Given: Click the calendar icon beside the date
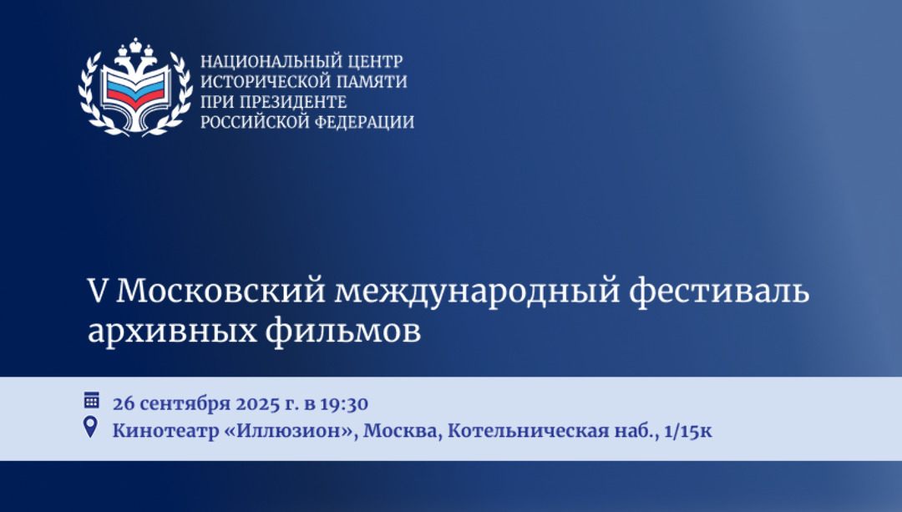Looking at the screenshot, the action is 92,400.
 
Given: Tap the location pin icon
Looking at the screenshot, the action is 90,428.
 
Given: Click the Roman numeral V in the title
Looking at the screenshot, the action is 98,291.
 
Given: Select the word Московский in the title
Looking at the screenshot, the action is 220,291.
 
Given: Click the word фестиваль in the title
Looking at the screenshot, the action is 719,291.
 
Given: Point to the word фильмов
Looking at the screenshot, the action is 343,330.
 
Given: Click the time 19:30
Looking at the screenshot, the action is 344,403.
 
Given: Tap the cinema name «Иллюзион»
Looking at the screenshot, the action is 291,430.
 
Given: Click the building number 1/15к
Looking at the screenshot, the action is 688,430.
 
